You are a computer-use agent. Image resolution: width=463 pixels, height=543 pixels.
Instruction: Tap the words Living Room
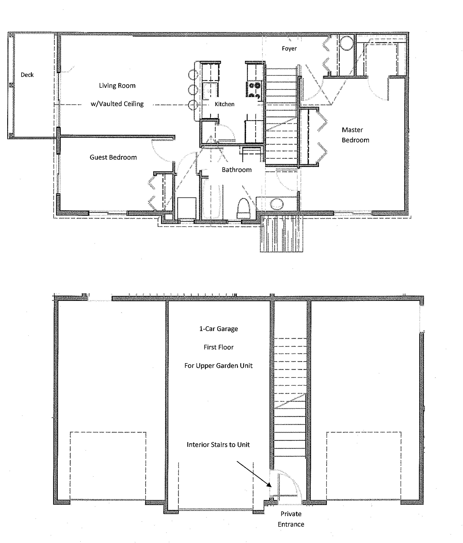pyautogui.click(x=117, y=86)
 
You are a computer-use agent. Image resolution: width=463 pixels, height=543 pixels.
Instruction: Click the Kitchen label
pyautogui.click(x=225, y=104)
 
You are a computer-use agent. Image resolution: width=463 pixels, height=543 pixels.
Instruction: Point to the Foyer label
pyautogui.click(x=289, y=49)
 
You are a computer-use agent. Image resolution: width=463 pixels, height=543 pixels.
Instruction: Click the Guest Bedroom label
pyautogui.click(x=113, y=157)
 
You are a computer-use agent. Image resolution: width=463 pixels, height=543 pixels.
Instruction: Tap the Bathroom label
pyautogui.click(x=237, y=170)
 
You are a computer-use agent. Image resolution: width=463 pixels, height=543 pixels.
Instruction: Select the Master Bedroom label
pyautogui.click(x=355, y=135)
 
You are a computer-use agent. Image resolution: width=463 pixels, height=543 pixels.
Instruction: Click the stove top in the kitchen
pyautogui.click(x=254, y=90)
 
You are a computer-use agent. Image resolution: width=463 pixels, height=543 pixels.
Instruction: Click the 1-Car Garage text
pyautogui.click(x=219, y=329)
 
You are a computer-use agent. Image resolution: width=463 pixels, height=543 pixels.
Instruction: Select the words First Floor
pyautogui.click(x=219, y=347)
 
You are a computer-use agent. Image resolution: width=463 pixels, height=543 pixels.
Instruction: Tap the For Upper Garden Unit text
pyautogui.click(x=219, y=366)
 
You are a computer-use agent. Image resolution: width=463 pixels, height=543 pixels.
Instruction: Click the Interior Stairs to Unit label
pyautogui.click(x=218, y=445)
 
